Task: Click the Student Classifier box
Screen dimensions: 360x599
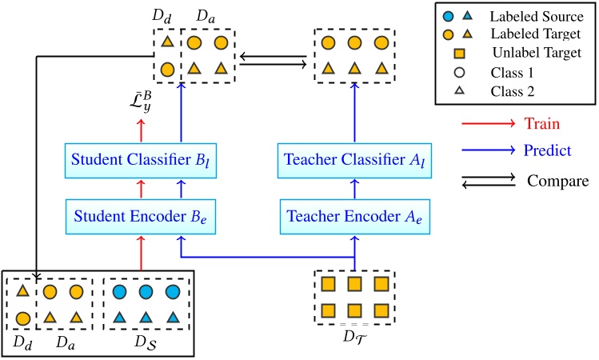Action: [142, 161]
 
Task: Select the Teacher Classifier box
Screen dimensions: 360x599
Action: [353, 161]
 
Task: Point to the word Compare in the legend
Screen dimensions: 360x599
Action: [557, 182]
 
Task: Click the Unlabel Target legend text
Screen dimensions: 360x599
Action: [537, 53]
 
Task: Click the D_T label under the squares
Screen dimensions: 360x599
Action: [353, 334]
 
